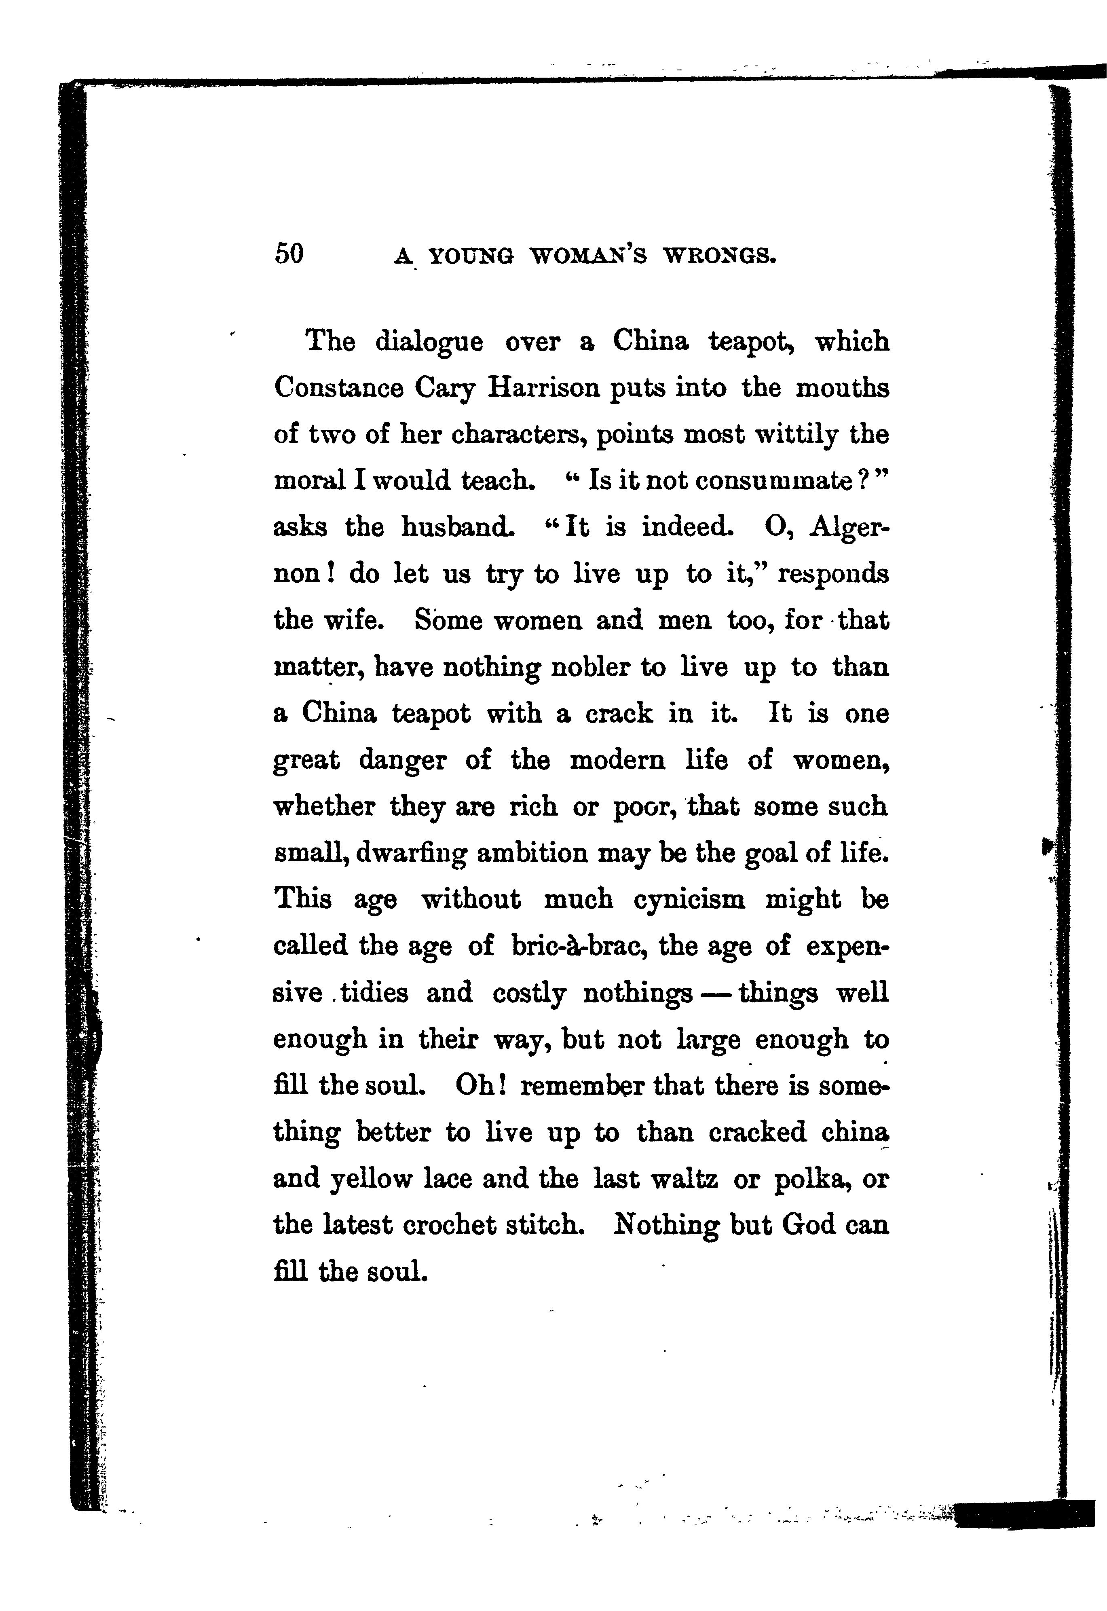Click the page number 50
pyautogui.click(x=289, y=254)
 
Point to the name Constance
pyautogui.click(x=338, y=388)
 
